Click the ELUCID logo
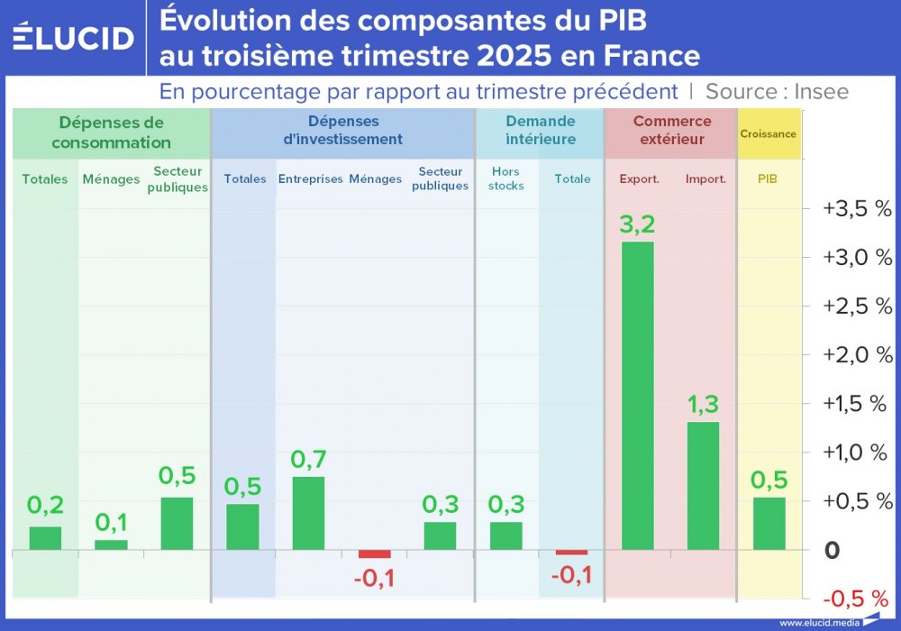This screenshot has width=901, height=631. pos(73,38)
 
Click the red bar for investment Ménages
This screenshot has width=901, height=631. pos(375,553)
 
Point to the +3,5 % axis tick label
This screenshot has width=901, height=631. pos(857,209)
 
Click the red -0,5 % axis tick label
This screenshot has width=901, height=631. pos(857,599)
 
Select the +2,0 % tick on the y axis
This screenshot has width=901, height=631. pos(857,355)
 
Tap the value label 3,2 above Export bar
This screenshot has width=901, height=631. pos(637,223)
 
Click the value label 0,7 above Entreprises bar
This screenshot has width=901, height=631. pos(308,459)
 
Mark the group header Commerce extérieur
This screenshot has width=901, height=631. pos(671,130)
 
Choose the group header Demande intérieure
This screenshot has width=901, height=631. pos(540,130)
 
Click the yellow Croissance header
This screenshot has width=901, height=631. pos(768,134)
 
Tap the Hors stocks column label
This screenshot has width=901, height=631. pos(505,178)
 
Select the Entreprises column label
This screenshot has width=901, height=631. pos(310,178)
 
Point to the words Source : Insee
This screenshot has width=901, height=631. pos(777,91)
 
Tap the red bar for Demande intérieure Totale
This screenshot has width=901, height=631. pos(571,552)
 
